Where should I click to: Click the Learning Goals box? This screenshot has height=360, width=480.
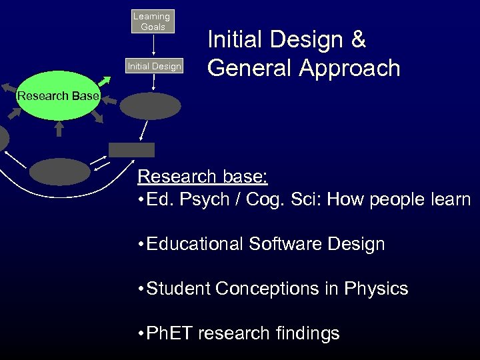153,21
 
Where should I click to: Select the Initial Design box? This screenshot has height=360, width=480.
154,66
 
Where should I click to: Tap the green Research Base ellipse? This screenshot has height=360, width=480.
57,96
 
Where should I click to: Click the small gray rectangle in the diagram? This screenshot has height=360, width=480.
131,150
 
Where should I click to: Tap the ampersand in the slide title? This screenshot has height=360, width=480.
359,40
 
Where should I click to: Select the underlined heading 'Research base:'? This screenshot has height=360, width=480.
203,177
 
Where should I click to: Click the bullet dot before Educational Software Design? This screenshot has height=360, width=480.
140,245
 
